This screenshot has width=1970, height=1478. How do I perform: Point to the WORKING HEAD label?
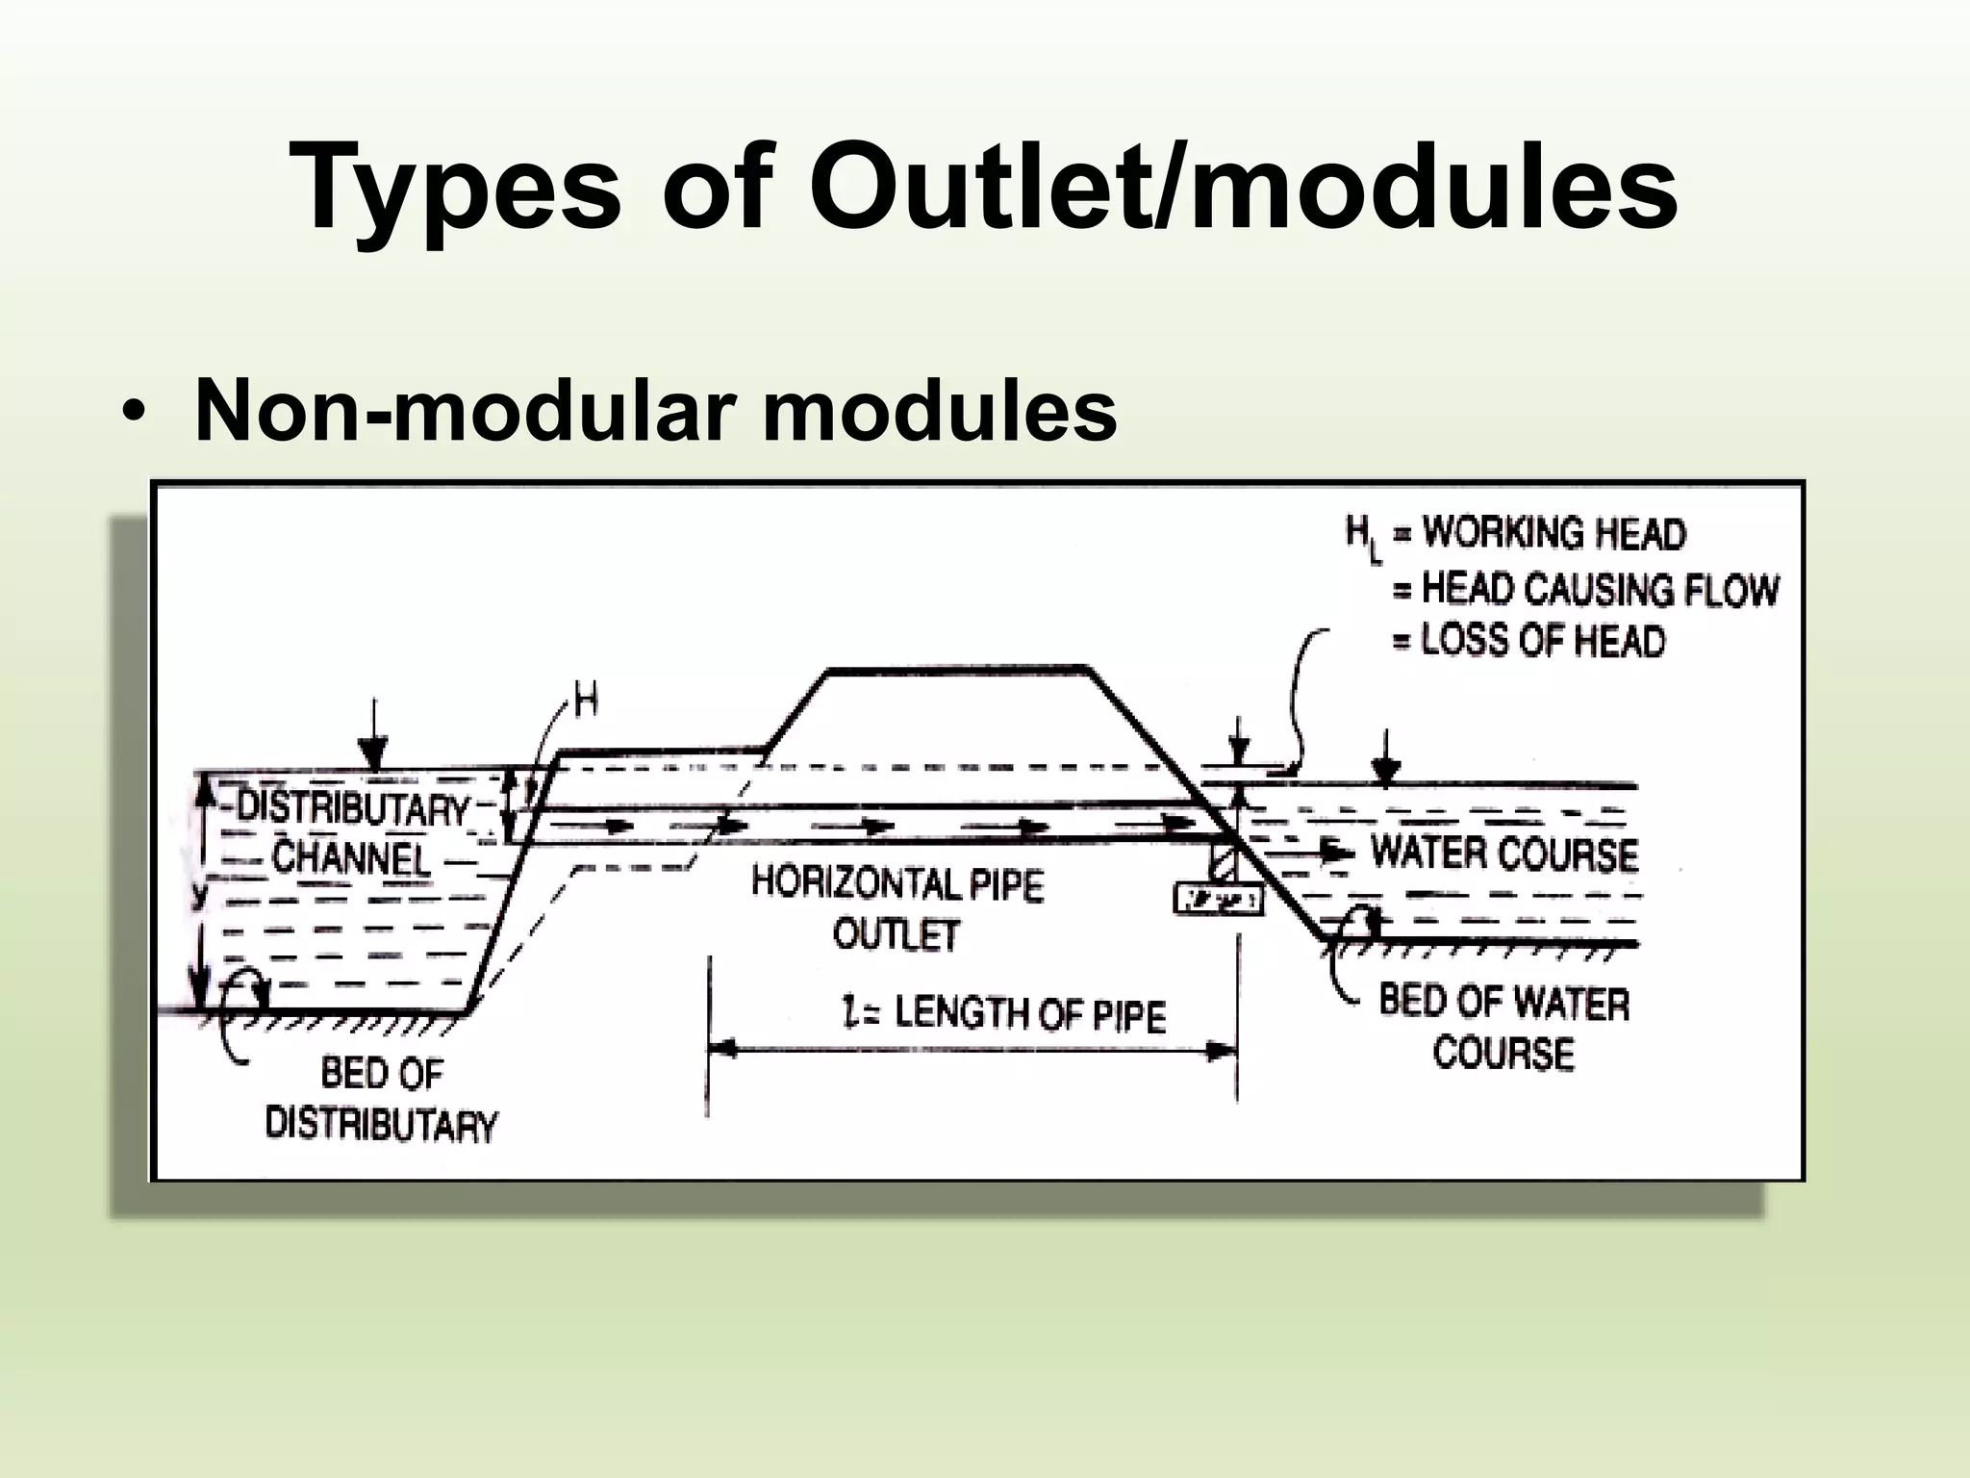pyautogui.click(x=1553, y=534)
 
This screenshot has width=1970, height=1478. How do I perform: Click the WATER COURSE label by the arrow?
pyautogui.click(x=1503, y=854)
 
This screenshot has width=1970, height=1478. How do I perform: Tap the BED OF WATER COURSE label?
pyautogui.click(x=1503, y=1028)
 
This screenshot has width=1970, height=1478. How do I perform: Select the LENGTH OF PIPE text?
pyautogui.click(x=1029, y=1015)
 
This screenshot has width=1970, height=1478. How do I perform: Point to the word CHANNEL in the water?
pyautogui.click(x=351, y=856)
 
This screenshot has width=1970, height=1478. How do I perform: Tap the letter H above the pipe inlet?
pyautogui.click(x=586, y=703)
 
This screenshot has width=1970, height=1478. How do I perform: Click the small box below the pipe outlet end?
pyautogui.click(x=1218, y=901)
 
